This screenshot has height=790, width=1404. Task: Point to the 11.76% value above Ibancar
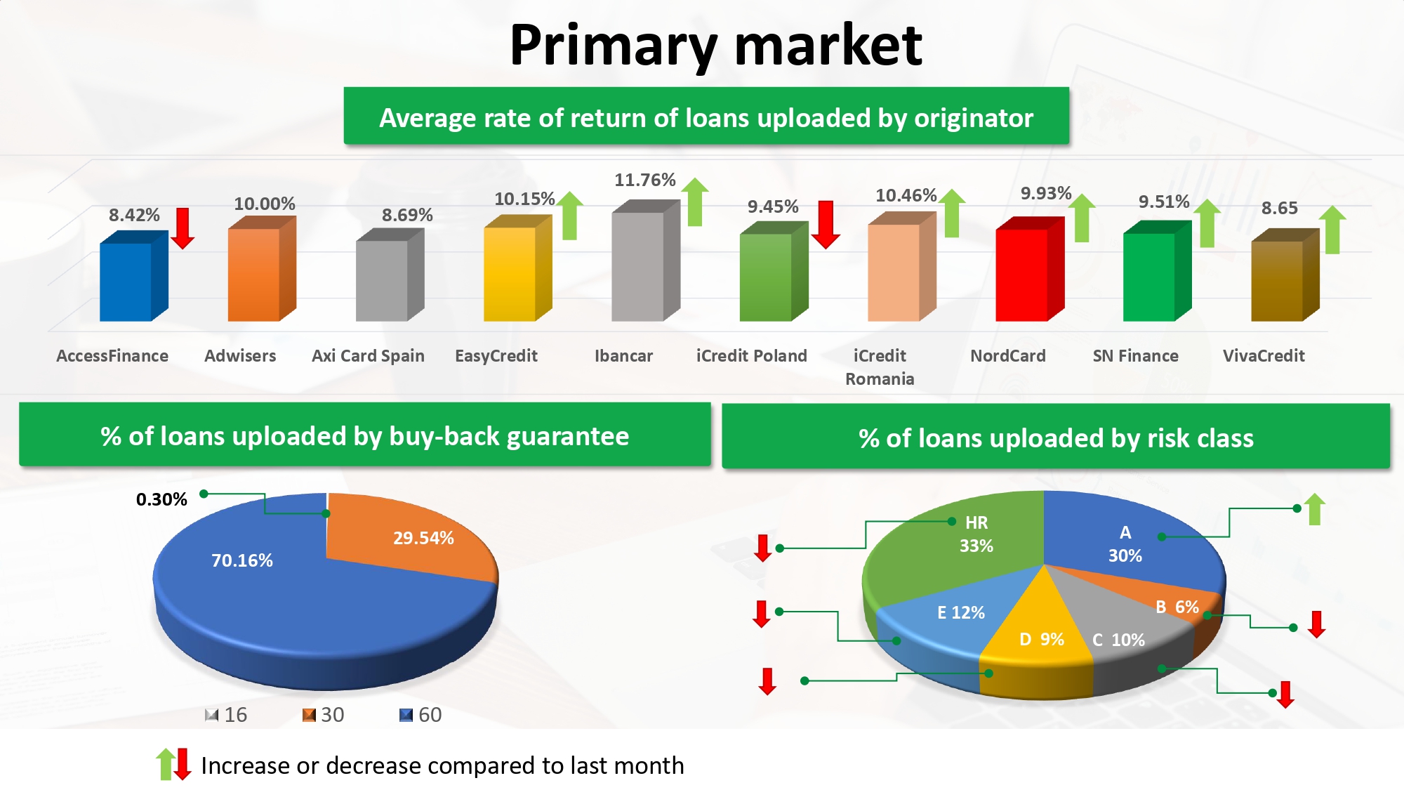click(644, 180)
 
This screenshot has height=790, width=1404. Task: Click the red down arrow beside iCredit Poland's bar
click(826, 224)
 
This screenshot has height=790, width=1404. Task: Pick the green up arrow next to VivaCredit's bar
click(1332, 229)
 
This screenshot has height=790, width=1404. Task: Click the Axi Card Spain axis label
click(368, 356)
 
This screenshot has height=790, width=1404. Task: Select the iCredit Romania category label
click(880, 367)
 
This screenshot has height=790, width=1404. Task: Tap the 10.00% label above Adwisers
click(264, 204)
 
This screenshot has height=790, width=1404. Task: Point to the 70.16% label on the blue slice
click(241, 560)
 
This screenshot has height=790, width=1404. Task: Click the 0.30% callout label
click(161, 499)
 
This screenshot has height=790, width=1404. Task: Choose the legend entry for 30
click(324, 715)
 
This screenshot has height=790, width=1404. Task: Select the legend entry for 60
click(420, 715)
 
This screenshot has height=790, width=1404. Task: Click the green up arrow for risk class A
click(1315, 509)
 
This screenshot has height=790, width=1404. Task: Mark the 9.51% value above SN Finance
click(1164, 202)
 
